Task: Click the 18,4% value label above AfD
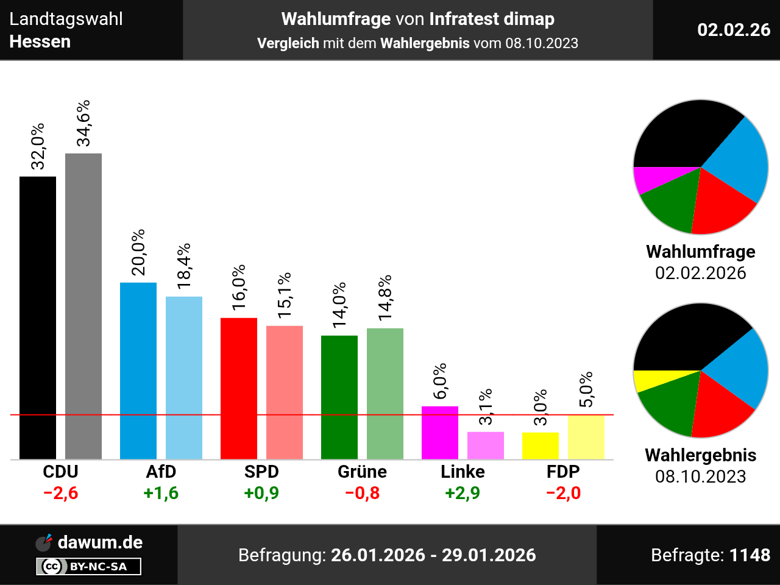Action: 184,266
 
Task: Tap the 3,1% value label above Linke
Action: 486,407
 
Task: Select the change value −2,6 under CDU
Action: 61,493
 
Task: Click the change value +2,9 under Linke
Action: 463,493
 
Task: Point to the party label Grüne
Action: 362,472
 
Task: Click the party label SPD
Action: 261,472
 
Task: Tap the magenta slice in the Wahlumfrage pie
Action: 649,179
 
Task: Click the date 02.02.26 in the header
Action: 734,30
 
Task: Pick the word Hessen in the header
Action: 40,41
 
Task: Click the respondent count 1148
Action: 750,555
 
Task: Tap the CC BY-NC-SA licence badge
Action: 89,567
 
